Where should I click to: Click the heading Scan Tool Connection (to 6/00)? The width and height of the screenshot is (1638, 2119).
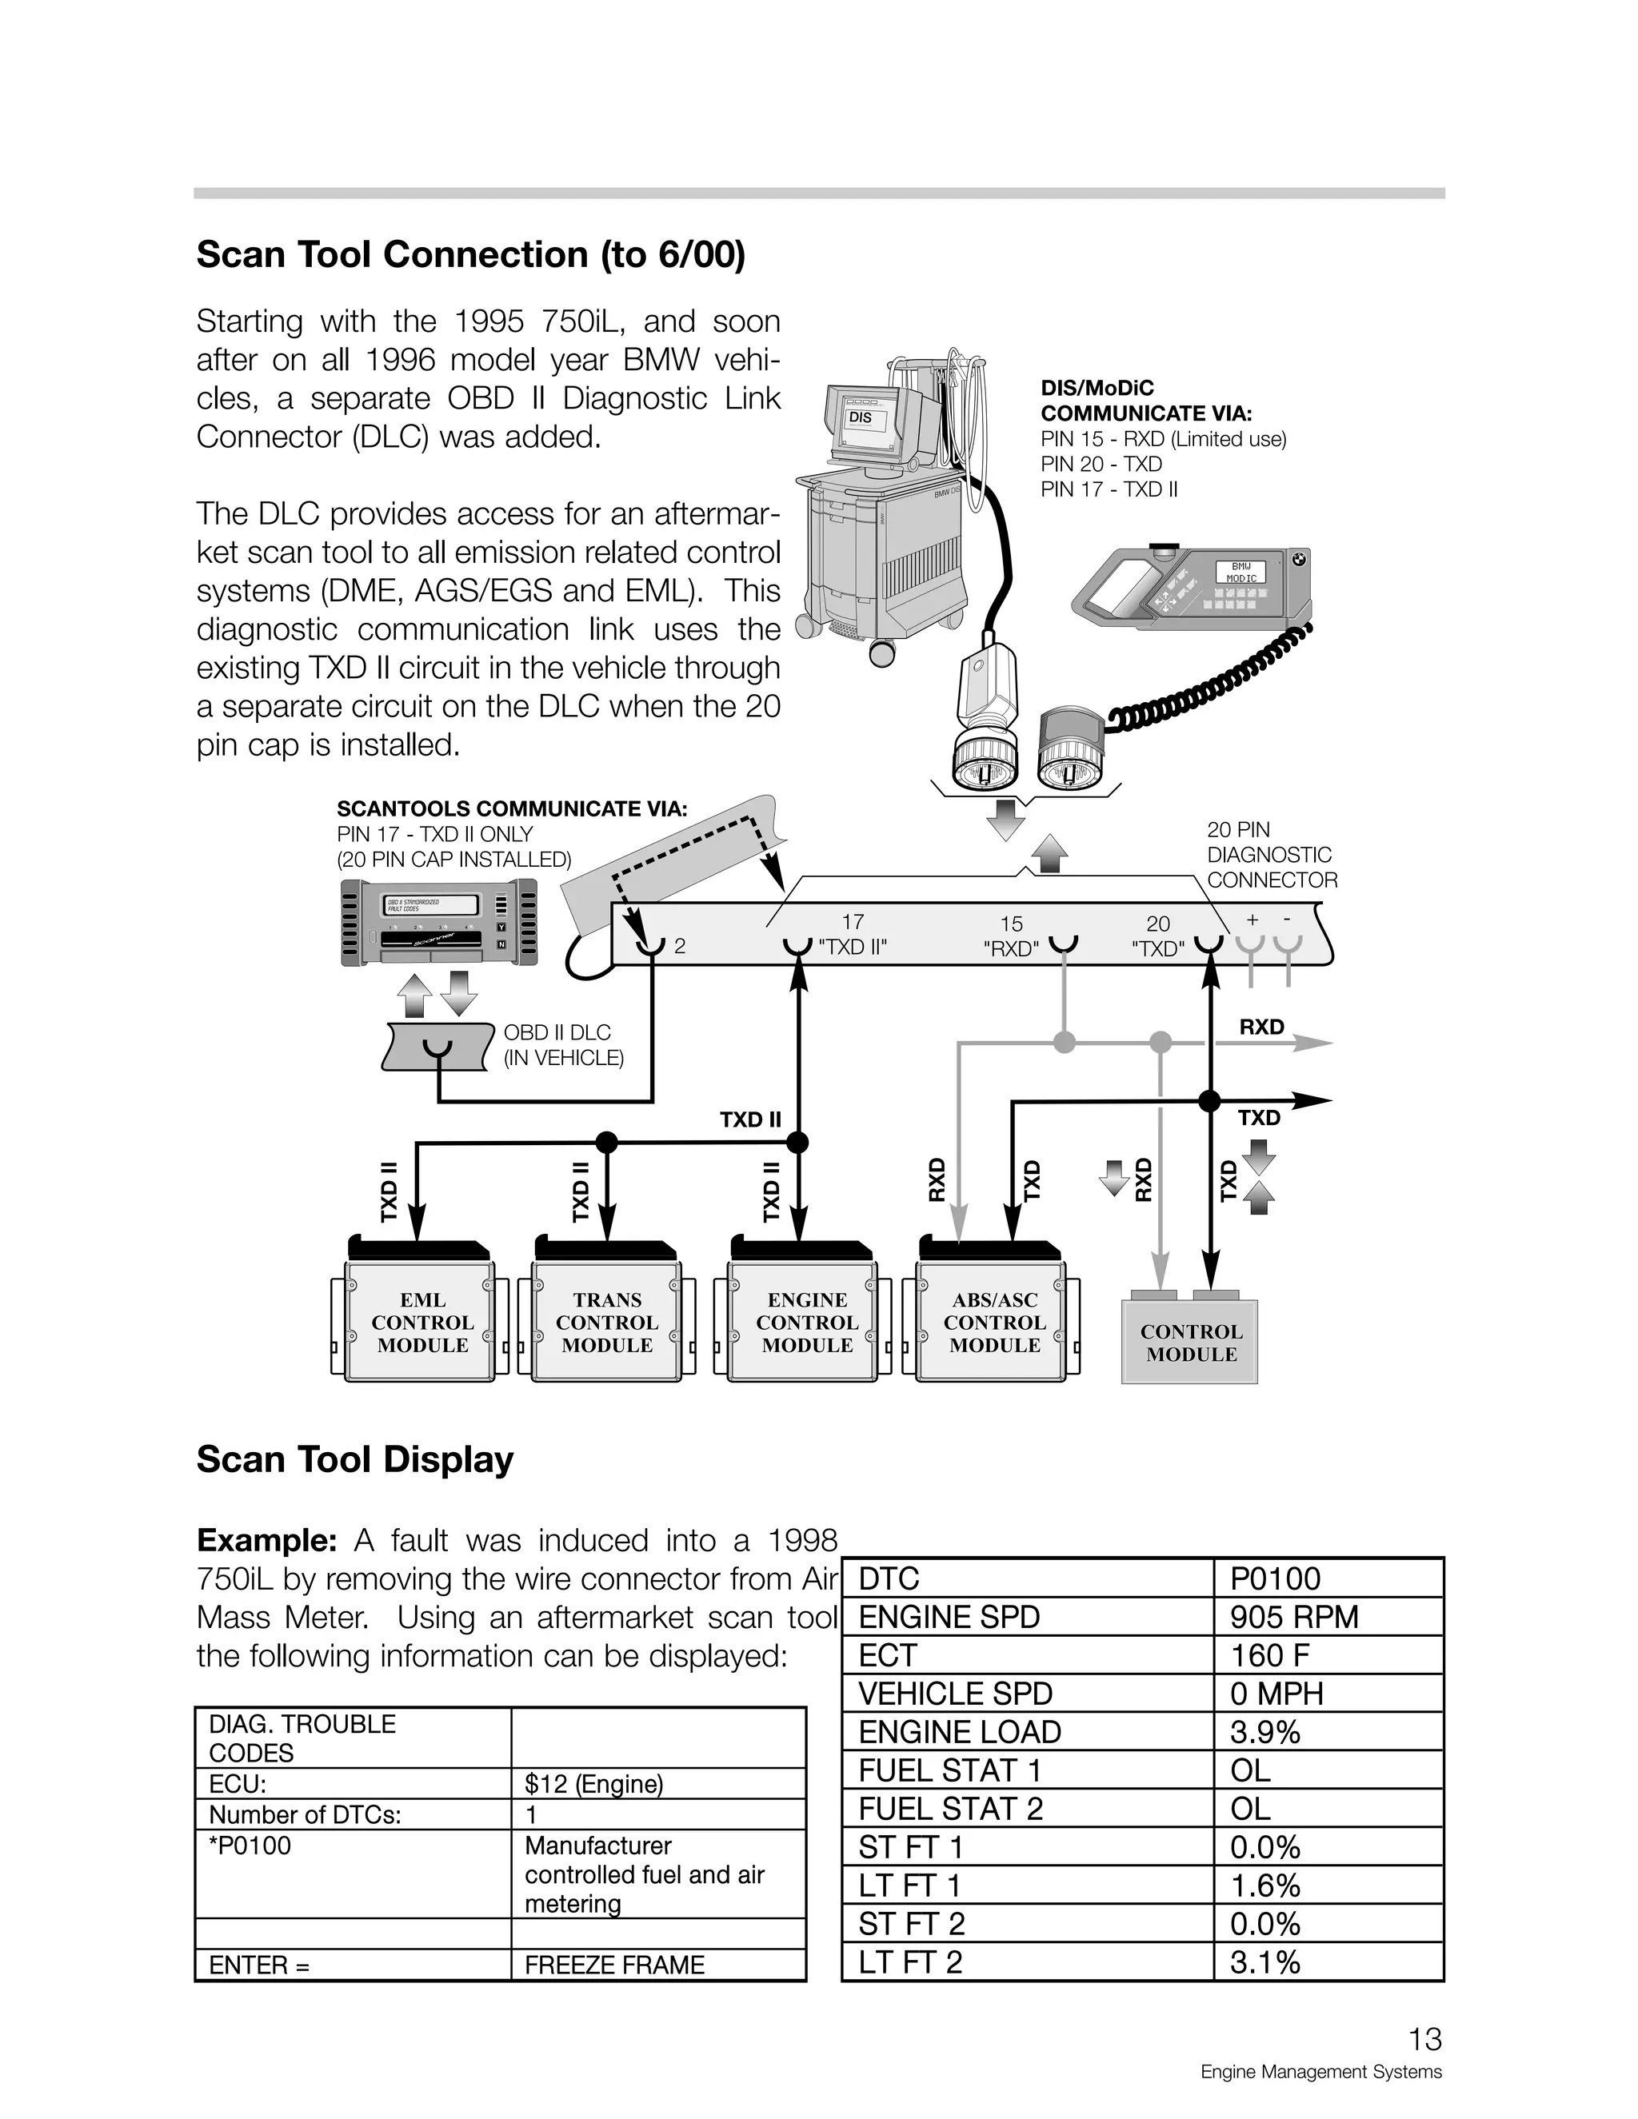coord(470,255)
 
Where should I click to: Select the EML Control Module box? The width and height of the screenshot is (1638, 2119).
coord(422,1323)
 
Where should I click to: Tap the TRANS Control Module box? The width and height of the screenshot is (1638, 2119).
coord(606,1323)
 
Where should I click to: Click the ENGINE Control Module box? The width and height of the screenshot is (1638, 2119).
coord(806,1323)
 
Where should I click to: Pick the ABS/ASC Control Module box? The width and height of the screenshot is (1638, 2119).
coord(995,1323)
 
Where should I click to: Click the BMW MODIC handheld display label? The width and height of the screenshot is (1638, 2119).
coord(1240,573)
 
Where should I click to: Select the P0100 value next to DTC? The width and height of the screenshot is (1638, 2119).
coord(1274,1578)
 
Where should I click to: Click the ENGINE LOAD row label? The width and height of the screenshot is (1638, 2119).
coord(959,1732)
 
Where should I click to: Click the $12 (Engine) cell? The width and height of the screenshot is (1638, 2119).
coord(594,1783)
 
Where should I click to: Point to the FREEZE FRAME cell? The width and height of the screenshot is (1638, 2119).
coord(614,1965)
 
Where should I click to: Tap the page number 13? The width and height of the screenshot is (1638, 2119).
coord(1424,2041)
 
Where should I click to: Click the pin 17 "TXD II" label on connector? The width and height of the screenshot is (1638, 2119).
coord(852,936)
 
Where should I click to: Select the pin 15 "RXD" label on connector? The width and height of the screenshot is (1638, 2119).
coord(1011,937)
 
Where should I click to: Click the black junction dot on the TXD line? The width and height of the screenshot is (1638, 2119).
coord(1209,1100)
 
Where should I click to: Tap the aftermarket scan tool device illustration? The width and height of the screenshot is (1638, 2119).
coord(438,923)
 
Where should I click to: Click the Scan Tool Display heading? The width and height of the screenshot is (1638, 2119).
coord(354,1460)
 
